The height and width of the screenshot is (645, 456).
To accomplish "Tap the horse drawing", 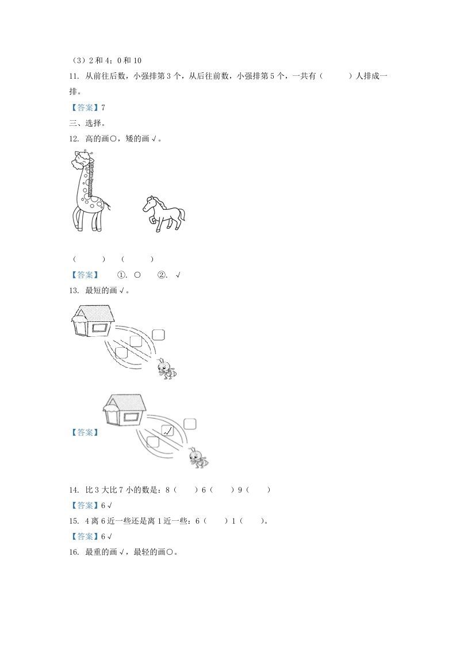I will click(163, 213).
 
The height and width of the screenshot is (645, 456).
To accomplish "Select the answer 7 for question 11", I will click(103, 107).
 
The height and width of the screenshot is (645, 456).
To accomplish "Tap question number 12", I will click(74, 139).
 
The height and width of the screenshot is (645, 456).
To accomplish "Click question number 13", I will click(74, 291).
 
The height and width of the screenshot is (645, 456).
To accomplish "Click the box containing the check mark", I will click(167, 430).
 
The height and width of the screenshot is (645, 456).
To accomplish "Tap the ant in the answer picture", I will click(197, 458).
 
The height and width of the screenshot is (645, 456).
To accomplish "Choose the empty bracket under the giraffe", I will click(89, 259).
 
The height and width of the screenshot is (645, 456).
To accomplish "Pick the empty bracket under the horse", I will click(137, 259).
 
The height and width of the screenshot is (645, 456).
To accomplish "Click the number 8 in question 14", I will click(167, 490).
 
